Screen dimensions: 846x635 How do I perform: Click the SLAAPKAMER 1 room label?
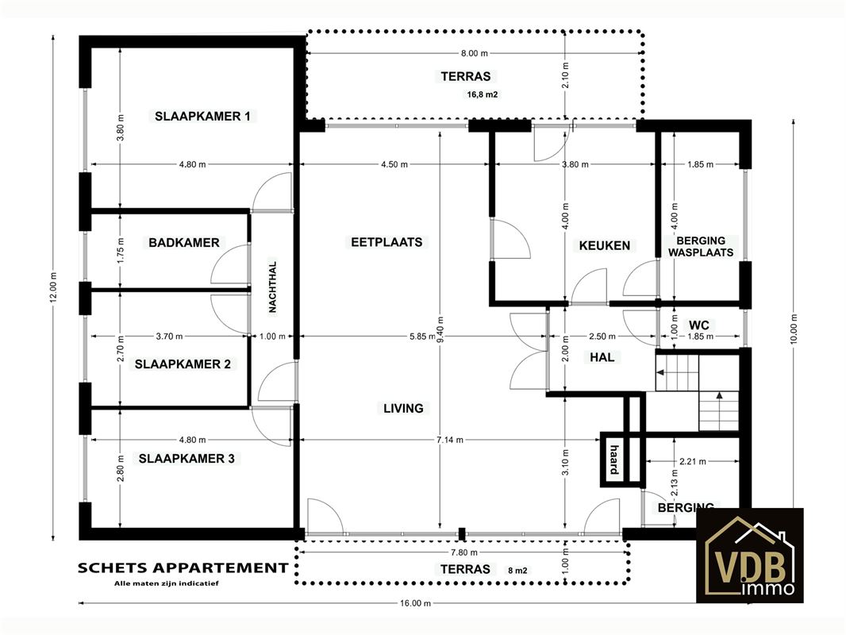202,116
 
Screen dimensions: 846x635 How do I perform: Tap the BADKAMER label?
184,243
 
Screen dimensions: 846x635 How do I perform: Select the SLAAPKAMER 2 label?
183,364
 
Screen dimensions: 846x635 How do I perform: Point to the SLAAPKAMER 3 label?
187,459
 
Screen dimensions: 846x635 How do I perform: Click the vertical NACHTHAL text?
272,287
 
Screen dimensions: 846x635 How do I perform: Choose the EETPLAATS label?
386,242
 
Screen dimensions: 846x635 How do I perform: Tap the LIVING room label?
404,409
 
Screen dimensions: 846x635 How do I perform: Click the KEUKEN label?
605,246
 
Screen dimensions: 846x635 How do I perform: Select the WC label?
698,325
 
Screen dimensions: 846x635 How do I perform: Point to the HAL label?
602,357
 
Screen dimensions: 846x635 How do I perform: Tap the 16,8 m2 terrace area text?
483,94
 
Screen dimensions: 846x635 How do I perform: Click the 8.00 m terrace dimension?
475,53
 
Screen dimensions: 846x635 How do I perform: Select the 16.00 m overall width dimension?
416,603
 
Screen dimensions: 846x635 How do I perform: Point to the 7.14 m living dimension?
450,440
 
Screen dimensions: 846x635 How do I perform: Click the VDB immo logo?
750,555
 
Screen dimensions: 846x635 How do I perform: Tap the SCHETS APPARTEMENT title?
183,568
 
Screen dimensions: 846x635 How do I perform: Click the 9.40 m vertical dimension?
440,329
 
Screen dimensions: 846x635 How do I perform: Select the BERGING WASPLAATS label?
701,247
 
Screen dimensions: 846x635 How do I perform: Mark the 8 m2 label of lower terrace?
517,570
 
